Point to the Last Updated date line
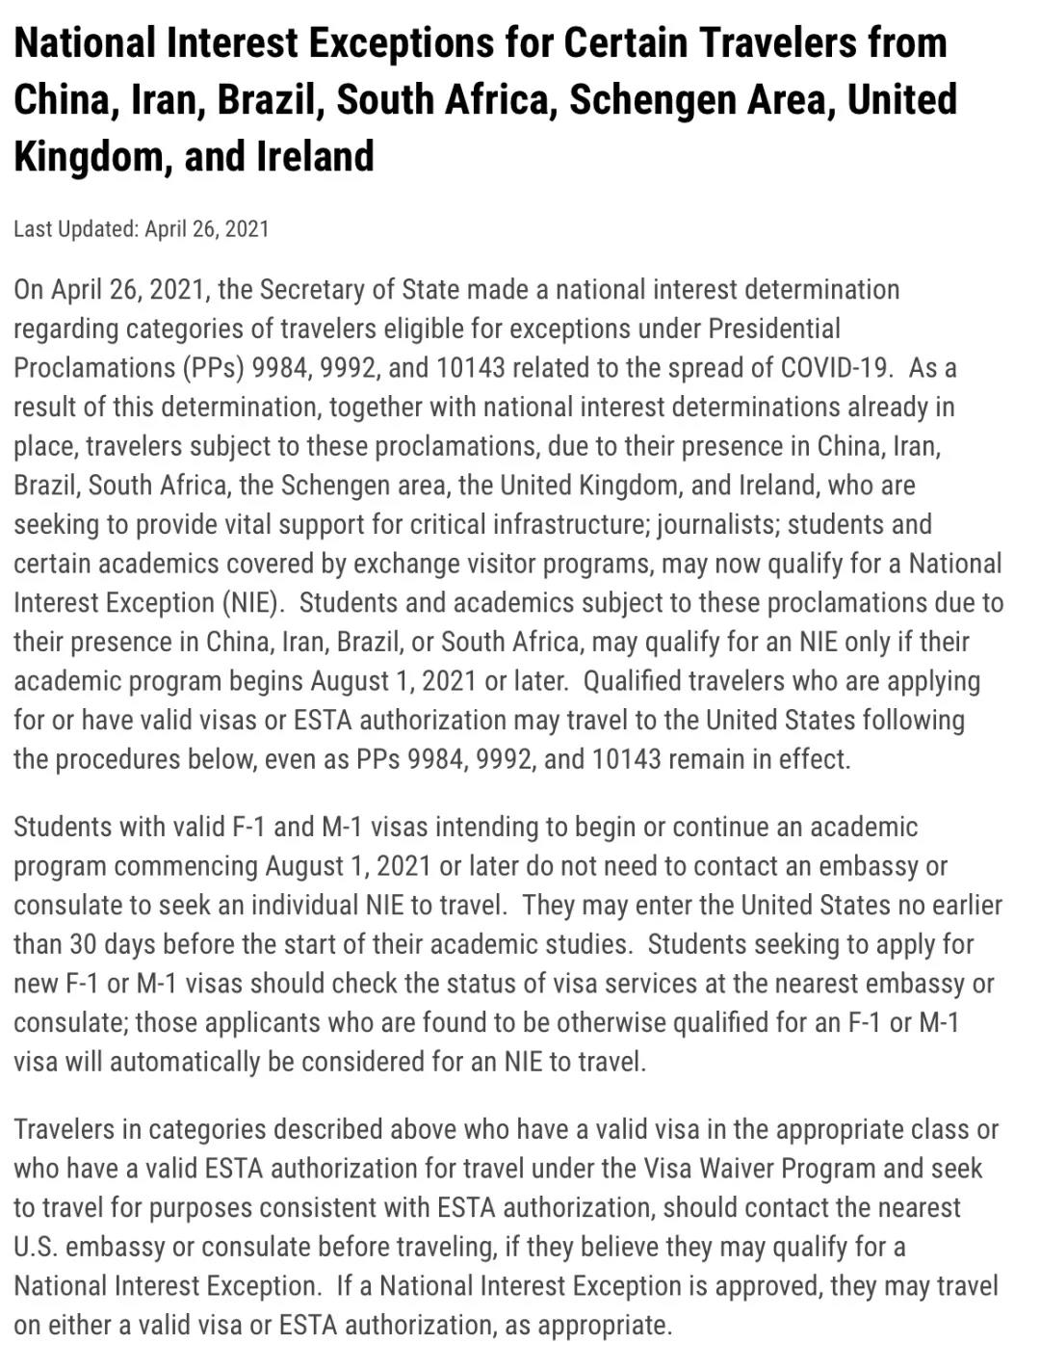(142, 229)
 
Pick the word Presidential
(774, 329)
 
